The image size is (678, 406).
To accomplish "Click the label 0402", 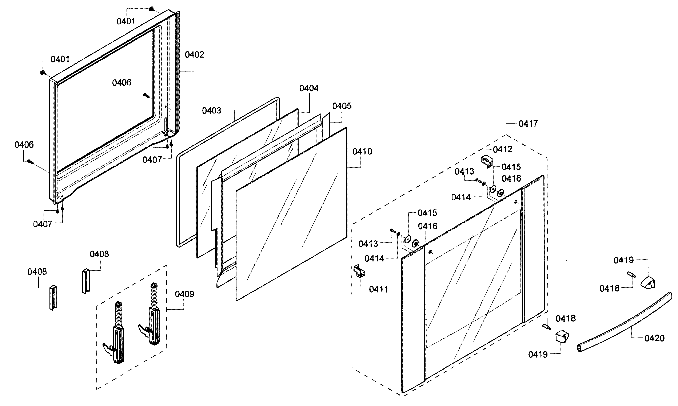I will [x=194, y=55].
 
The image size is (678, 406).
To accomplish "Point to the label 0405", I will [x=342, y=106].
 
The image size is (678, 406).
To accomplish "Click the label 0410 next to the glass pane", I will [x=362, y=151].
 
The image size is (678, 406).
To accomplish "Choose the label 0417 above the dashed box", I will [x=528, y=123].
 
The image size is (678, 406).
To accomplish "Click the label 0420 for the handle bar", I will [x=654, y=338].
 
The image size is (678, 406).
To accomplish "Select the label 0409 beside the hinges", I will [x=184, y=294].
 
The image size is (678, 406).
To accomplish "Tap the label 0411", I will [x=378, y=289].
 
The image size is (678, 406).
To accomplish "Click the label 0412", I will [x=502, y=149].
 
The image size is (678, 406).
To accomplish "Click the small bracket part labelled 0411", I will [x=360, y=271].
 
